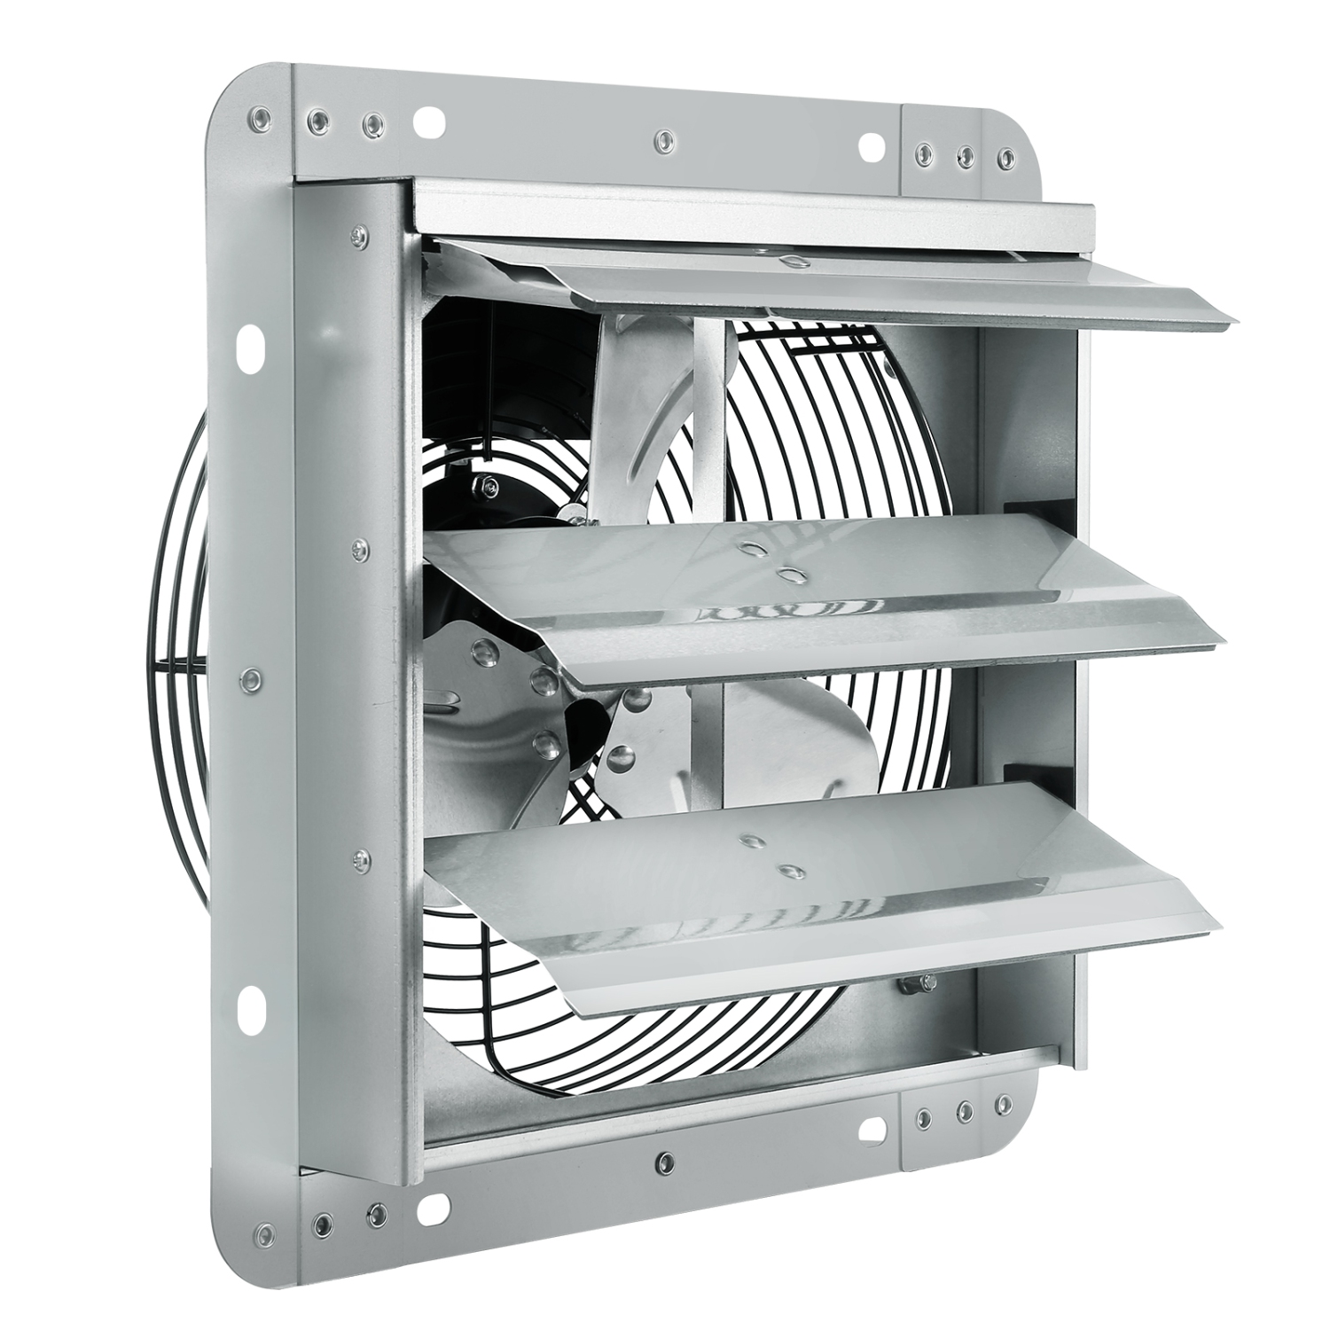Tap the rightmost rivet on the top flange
[x=1004, y=159]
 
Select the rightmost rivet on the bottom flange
[x=1002, y=1102]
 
